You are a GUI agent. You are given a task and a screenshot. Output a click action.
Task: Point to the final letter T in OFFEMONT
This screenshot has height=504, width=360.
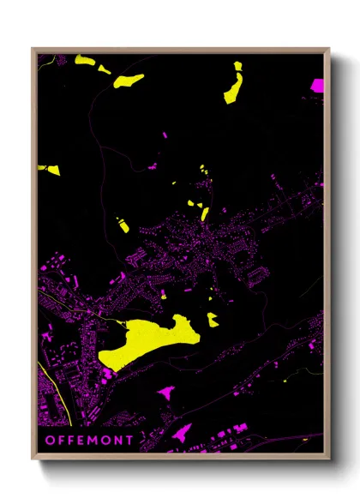coord(129,440)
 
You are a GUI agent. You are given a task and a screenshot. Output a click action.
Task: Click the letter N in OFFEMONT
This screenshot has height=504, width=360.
coord(119,440)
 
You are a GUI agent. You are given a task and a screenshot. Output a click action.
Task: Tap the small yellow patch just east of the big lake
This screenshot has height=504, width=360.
coord(212,320)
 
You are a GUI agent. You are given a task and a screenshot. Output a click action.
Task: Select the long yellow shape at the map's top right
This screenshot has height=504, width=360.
coord(233,84)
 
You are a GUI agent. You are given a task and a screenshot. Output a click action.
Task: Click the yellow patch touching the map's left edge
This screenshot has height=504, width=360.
coord(49,169)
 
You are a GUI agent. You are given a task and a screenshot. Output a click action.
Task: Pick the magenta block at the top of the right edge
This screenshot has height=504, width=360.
coord(317,86)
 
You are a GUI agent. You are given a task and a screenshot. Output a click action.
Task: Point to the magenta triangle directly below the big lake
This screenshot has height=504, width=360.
coord(166,393)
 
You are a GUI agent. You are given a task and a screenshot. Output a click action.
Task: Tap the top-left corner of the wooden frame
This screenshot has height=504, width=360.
coord(33,50)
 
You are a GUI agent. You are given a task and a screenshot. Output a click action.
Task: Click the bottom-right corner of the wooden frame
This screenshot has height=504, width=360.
coord(328,458)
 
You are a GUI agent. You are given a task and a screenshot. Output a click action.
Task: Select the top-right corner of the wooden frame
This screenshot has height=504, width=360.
coord(328,50)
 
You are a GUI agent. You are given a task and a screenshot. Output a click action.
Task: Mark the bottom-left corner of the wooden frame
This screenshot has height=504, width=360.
coord(33,458)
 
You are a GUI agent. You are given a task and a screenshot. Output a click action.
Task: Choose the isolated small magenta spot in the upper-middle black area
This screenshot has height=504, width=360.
coord(165,135)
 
